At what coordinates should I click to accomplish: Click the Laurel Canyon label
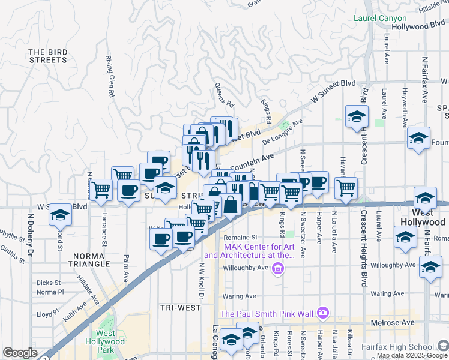click(380, 19)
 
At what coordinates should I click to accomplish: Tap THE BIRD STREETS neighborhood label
click(47, 56)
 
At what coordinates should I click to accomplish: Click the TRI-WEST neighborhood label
click(181, 307)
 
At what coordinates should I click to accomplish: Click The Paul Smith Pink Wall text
click(267, 313)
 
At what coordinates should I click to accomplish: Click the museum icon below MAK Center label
click(277, 269)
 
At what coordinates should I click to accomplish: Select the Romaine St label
click(241, 237)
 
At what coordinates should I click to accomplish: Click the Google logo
click(20, 353)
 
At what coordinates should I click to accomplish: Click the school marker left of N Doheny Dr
click(59, 214)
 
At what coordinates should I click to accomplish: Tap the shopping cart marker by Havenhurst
click(346, 187)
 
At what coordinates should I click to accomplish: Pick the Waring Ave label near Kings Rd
click(238, 296)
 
